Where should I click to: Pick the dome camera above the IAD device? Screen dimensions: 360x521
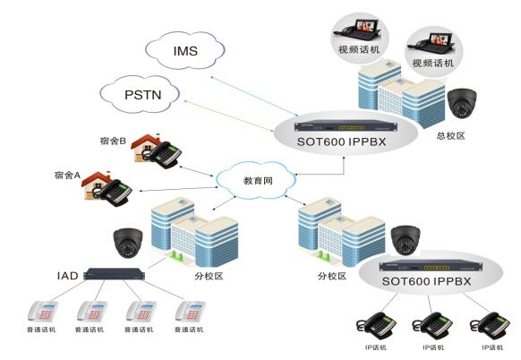[x=126, y=240]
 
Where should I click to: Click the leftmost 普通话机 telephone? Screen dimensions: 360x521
[x=41, y=312]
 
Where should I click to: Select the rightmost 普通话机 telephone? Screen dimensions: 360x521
[x=190, y=312]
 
